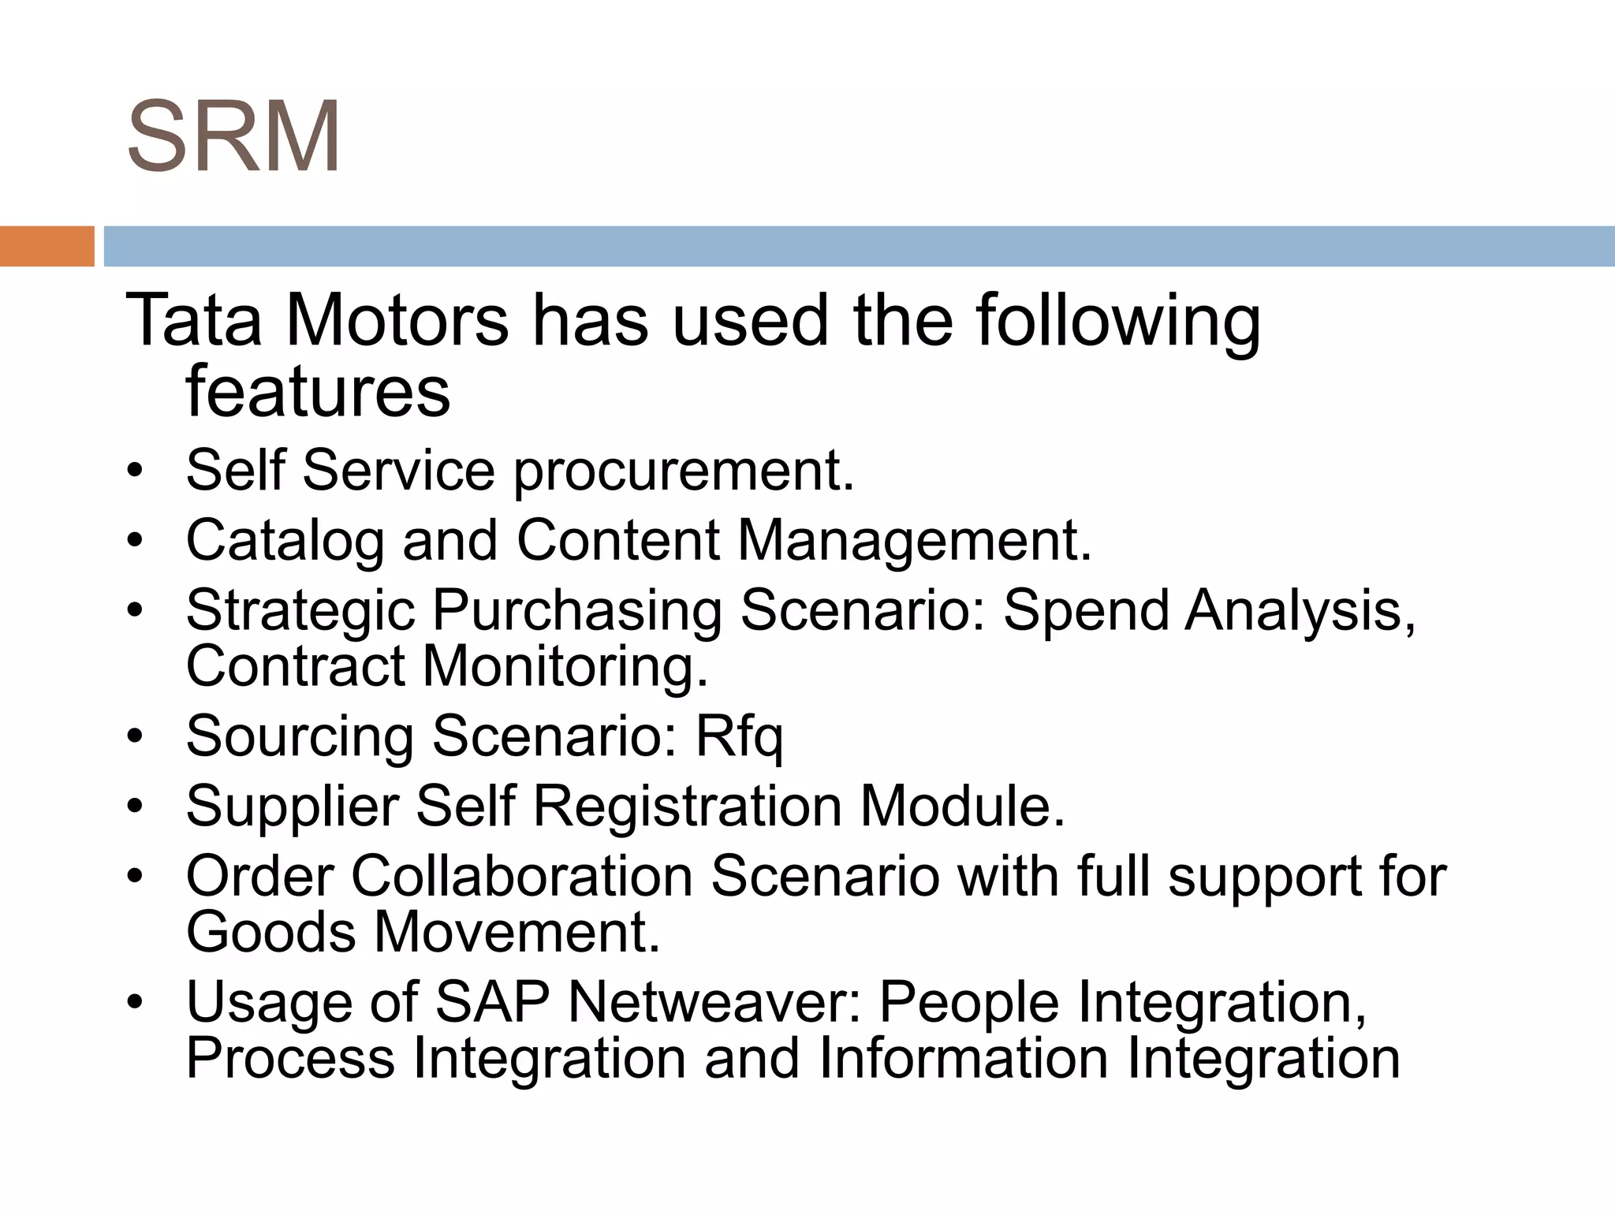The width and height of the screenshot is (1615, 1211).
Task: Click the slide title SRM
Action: pos(233,136)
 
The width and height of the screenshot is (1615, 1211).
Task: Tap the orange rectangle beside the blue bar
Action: pos(47,246)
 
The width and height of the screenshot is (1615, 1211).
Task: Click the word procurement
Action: pos(684,471)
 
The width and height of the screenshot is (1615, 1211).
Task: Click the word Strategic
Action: pos(300,612)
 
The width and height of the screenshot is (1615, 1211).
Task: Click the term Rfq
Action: pos(739,737)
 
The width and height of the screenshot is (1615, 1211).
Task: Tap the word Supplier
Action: pos(292,807)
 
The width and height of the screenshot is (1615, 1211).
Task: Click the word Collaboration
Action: pos(521,877)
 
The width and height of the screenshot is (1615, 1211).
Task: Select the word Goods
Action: pos(270,932)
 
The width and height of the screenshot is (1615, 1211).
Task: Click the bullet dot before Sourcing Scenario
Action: pos(135,736)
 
